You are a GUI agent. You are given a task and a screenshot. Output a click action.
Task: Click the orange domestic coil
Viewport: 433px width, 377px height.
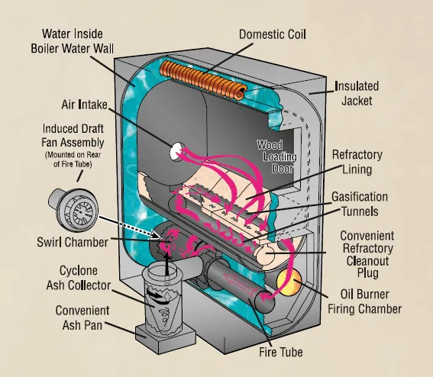[x=203, y=80]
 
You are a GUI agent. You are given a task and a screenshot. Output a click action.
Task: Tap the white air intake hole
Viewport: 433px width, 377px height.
[x=176, y=152]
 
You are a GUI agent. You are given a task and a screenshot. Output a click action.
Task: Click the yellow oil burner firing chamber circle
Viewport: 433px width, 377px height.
[x=289, y=283]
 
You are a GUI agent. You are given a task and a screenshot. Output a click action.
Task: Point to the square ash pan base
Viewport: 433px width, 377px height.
[x=165, y=339]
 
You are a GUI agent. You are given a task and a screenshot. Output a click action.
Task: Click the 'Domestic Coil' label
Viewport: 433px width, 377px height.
[x=273, y=34]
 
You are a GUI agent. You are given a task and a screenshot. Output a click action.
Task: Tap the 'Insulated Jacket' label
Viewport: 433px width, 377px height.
[x=357, y=93]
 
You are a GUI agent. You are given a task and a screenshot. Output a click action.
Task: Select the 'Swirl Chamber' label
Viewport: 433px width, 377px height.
[x=73, y=242]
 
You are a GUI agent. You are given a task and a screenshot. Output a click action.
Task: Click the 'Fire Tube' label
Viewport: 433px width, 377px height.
[x=280, y=352]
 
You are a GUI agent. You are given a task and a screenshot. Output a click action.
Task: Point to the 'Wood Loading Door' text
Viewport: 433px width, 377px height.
[x=277, y=156]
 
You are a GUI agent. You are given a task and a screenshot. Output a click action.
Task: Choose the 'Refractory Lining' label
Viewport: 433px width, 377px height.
[x=357, y=162]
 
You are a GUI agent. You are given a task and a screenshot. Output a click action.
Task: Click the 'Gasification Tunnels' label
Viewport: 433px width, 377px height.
[x=360, y=204]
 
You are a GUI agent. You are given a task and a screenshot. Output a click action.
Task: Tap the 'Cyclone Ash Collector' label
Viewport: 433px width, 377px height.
[x=79, y=278]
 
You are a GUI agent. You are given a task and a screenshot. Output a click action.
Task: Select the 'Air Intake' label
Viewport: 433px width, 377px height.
[x=84, y=105]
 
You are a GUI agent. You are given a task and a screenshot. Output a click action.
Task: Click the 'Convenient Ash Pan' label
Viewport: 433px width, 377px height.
[x=82, y=317]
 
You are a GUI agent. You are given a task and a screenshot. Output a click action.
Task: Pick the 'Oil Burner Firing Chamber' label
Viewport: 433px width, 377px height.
[x=364, y=301]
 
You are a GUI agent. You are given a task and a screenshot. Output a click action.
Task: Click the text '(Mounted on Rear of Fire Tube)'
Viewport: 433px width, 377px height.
[x=73, y=159]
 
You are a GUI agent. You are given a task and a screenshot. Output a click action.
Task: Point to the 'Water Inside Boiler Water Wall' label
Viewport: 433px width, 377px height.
[x=72, y=41]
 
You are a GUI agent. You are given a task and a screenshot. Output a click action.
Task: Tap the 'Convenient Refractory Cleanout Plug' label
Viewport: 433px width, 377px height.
[x=367, y=254]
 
